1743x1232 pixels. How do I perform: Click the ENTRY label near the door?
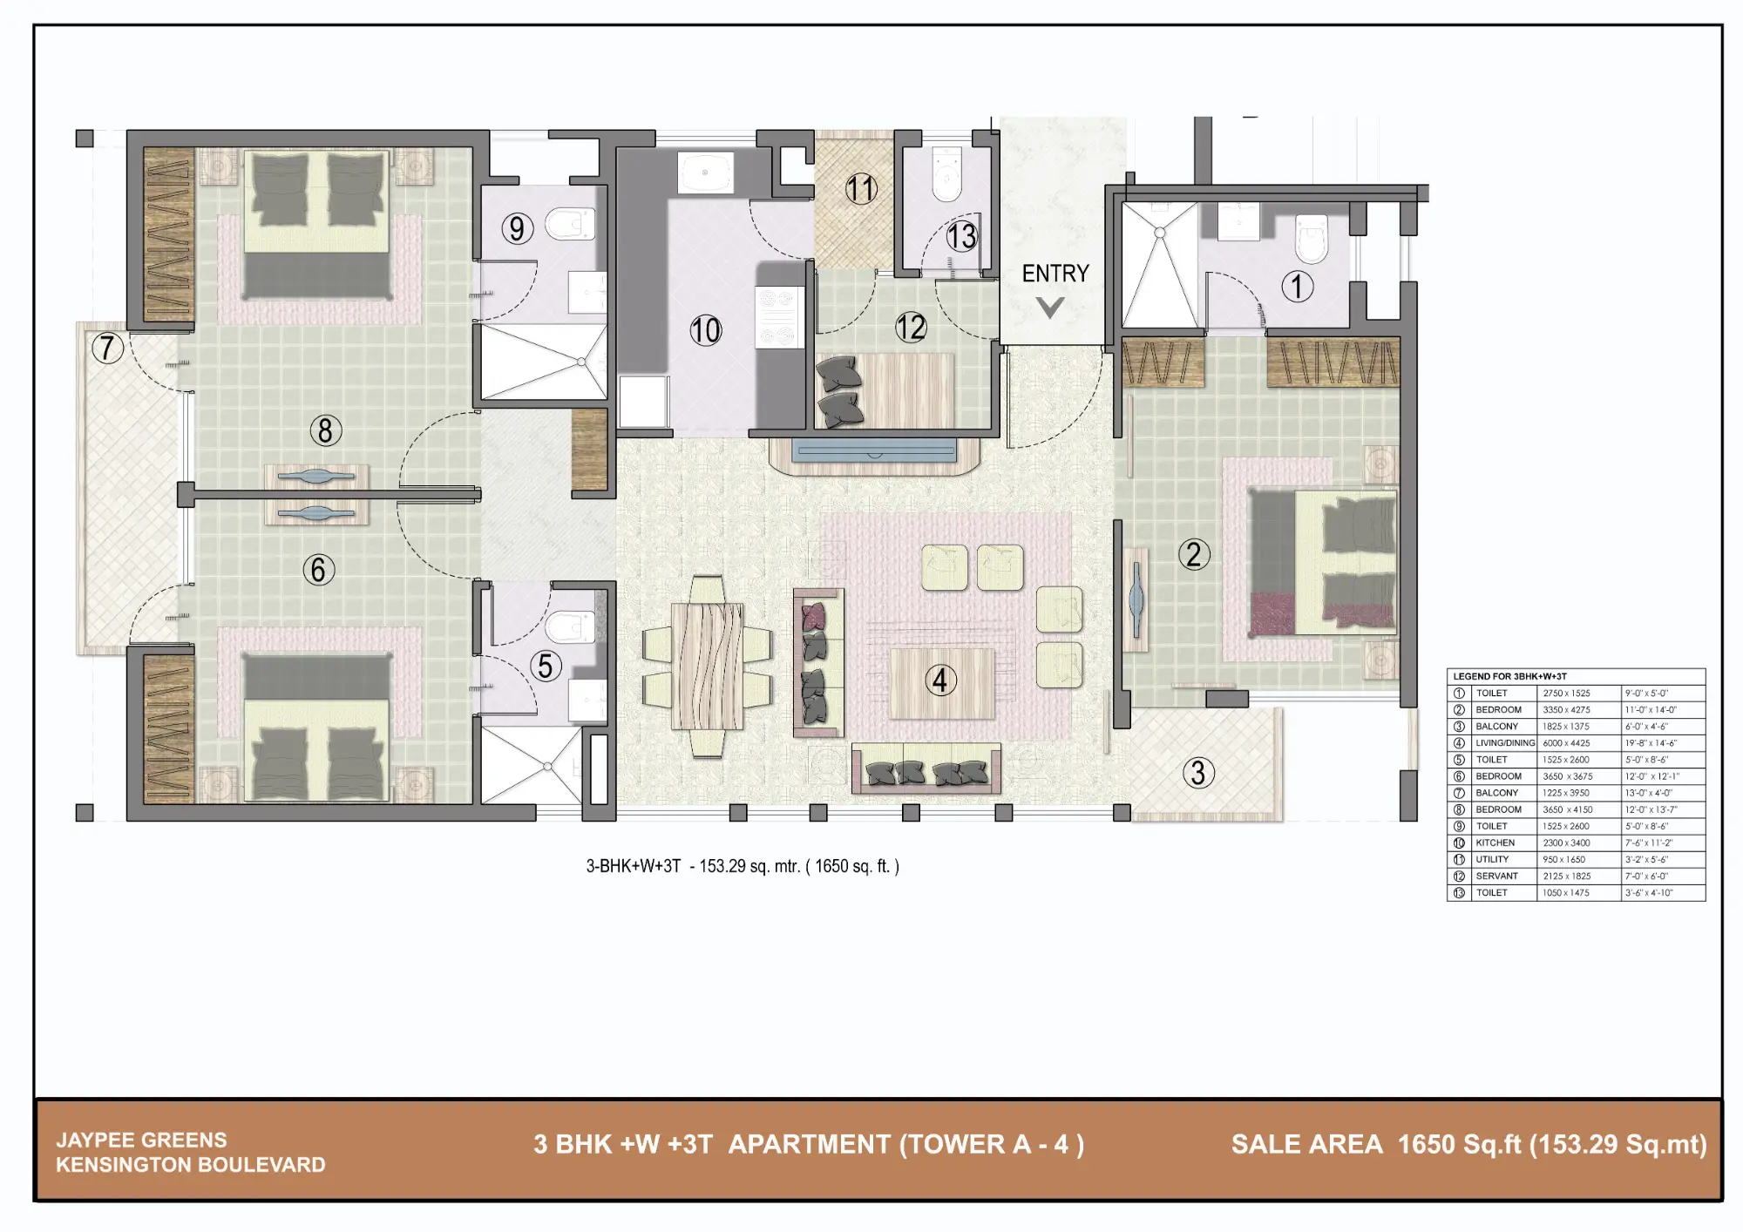coord(1055,274)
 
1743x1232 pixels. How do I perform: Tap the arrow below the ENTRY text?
coord(1050,307)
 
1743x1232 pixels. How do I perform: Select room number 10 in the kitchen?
coord(706,330)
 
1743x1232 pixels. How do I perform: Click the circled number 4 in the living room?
coord(940,680)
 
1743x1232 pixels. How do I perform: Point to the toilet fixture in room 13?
coord(946,174)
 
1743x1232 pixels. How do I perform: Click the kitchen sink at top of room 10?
coord(705,173)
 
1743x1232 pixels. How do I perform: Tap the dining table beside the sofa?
coord(707,667)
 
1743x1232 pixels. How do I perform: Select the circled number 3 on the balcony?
coord(1198,772)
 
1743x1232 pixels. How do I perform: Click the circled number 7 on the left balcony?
coord(107,348)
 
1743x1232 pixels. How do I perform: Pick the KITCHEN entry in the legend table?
coord(1495,843)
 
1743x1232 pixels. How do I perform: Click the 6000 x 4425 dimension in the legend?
coord(1566,743)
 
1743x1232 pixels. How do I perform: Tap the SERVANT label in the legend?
coord(1496,876)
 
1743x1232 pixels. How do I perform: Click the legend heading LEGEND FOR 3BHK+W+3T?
coord(1509,676)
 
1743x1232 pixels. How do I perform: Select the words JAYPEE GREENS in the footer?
coord(141,1140)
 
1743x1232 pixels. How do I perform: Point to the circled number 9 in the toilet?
coord(517,228)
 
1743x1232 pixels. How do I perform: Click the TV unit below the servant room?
coord(874,452)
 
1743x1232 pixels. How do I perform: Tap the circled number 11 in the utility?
coord(860,189)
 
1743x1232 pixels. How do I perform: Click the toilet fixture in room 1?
coord(1312,239)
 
